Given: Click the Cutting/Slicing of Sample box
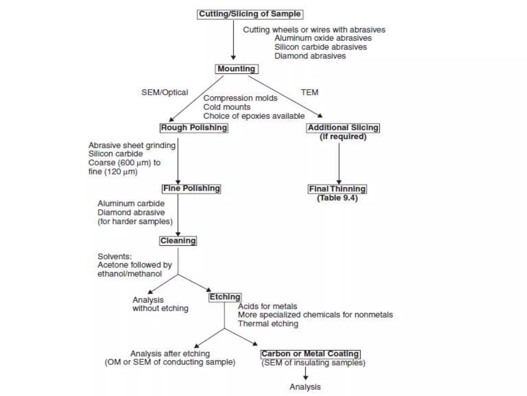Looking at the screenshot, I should point(250,14).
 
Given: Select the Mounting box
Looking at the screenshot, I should point(236,69).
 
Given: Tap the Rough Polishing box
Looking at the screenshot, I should point(194,128).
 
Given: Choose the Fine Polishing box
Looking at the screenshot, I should point(191,188).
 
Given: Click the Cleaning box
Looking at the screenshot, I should point(178,241).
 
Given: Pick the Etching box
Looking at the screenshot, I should point(225,297).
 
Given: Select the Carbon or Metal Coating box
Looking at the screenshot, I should point(310,354).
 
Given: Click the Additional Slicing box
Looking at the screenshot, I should point(343,128).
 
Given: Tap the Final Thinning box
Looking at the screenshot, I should point(337,189).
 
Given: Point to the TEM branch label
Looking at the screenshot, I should point(310,92).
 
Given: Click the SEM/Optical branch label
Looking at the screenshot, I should point(165,92).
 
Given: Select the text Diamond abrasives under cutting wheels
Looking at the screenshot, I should point(310,56).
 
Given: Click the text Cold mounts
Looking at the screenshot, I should point(227,107).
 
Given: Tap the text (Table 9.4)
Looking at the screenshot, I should point(337,198).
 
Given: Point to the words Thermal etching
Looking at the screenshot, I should point(268,324).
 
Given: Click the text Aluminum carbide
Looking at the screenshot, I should point(131,203).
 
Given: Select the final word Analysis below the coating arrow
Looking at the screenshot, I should point(305,387).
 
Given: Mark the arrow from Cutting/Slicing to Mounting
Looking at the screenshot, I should point(233,40).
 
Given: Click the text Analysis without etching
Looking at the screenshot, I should point(160,304).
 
